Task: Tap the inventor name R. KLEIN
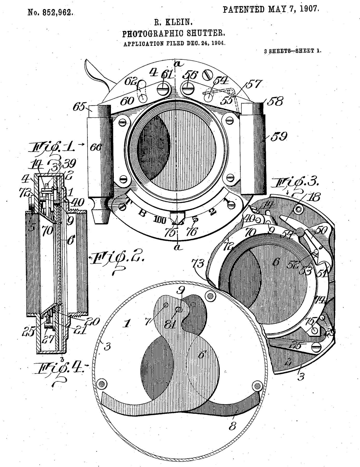coord(173,23)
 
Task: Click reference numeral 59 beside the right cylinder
coord(279,136)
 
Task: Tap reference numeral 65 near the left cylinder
coord(79,106)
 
